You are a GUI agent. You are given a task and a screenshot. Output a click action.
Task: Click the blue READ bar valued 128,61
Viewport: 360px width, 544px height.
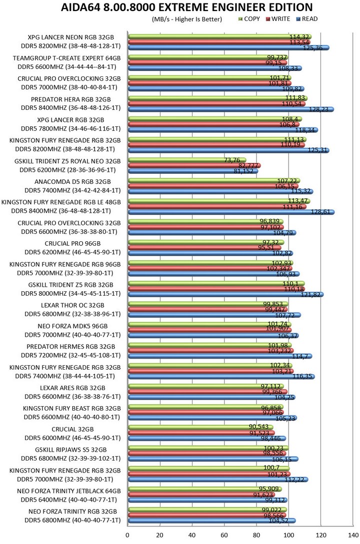230,212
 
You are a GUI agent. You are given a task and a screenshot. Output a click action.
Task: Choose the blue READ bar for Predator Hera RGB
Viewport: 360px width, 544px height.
230,109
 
